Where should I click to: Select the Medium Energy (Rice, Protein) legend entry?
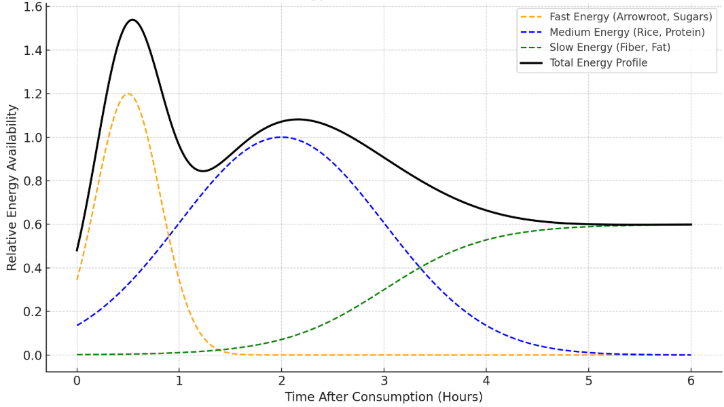coord(627,33)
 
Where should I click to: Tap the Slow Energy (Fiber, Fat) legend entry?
coord(610,47)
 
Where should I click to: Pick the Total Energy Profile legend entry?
coord(598,63)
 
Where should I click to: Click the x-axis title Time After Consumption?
coord(384,397)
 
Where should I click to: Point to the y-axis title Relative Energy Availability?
coord(12,187)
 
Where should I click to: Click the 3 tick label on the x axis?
coord(384,381)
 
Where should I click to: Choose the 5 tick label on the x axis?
coord(589,381)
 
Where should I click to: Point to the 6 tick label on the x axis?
coord(691,381)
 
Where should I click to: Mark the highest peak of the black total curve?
coord(132,20)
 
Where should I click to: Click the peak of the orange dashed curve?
coord(128,94)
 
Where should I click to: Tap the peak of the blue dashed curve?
coord(282,137)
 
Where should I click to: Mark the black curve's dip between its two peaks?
coord(203,171)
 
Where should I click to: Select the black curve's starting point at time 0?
coord(77,250)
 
